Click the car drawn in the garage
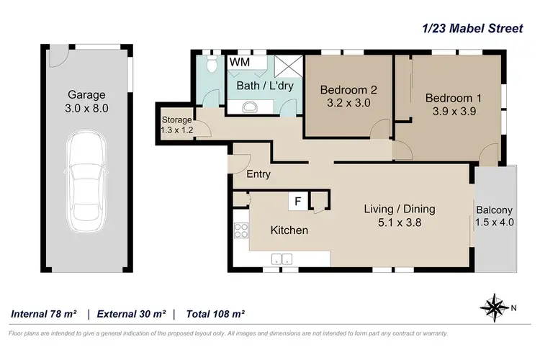(x=87, y=184)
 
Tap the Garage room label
(x=87, y=94)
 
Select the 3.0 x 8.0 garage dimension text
(x=87, y=109)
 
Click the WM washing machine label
(x=239, y=63)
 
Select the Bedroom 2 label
(x=349, y=90)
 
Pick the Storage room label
(x=176, y=120)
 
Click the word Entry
(x=258, y=174)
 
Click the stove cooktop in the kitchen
(x=240, y=232)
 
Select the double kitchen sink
(x=282, y=258)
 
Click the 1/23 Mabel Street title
(x=472, y=29)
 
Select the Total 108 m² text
(x=215, y=314)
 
